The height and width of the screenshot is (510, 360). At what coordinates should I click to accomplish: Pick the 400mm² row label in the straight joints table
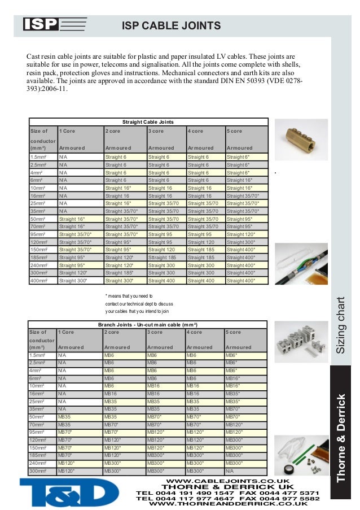click(39, 280)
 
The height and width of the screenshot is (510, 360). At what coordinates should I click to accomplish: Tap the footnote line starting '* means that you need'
click(133, 295)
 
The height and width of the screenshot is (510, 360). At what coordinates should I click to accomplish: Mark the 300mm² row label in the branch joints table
click(38, 470)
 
